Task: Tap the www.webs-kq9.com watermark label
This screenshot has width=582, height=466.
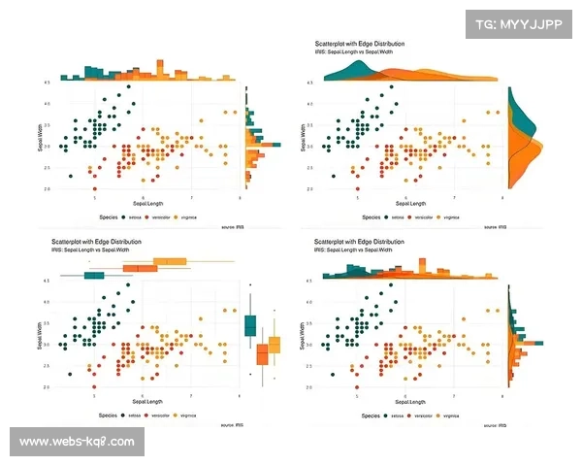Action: (x=77, y=442)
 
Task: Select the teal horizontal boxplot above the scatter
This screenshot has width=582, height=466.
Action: (x=95, y=276)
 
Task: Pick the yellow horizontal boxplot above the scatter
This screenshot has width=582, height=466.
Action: (x=172, y=260)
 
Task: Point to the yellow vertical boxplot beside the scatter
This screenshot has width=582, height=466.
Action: (x=275, y=344)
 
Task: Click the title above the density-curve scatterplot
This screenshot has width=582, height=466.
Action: (x=360, y=45)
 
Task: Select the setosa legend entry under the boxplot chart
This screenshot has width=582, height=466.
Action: (x=130, y=416)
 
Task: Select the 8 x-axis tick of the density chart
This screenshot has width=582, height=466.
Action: (x=502, y=198)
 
